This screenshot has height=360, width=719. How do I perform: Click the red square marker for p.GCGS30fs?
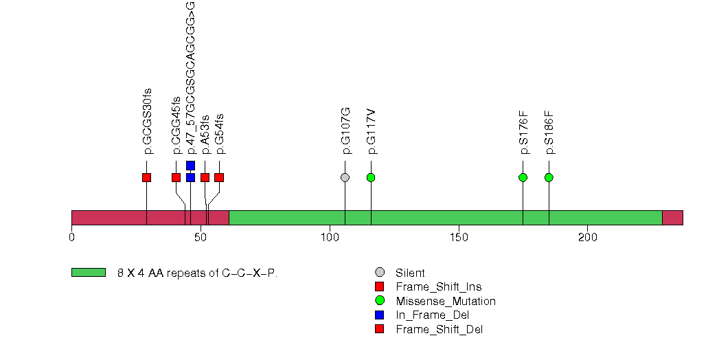(x=146, y=178)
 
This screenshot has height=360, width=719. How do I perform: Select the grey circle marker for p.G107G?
(x=345, y=178)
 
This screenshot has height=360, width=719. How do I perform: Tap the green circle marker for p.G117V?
(x=371, y=178)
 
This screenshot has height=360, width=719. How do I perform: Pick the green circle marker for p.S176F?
(x=523, y=178)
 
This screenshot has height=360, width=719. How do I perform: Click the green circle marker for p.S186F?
(x=549, y=178)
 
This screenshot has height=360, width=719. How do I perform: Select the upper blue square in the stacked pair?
(x=190, y=166)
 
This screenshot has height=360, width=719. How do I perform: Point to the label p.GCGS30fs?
(x=147, y=121)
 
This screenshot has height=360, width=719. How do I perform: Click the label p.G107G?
(x=345, y=131)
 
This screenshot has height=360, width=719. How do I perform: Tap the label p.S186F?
(x=549, y=132)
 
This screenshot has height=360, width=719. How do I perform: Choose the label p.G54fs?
(x=220, y=133)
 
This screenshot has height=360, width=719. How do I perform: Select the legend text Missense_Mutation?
(x=445, y=301)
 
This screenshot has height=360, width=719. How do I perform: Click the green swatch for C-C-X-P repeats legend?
(x=89, y=273)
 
